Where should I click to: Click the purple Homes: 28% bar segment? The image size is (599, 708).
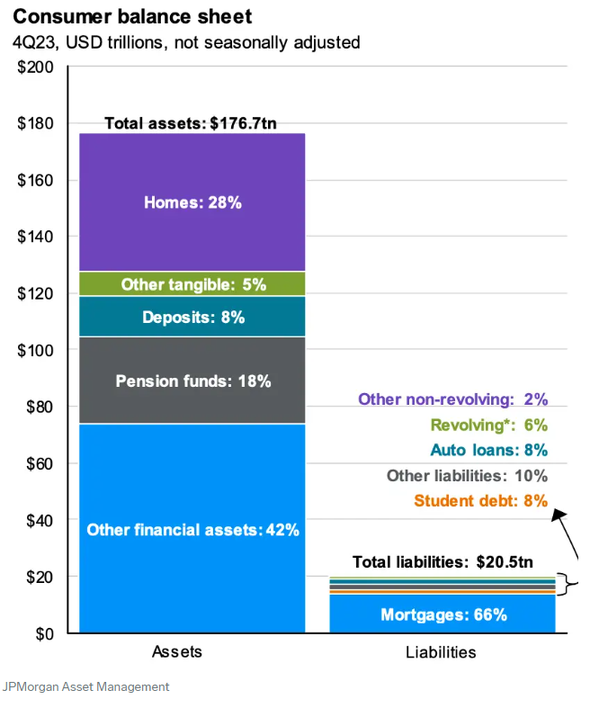pyautogui.click(x=192, y=202)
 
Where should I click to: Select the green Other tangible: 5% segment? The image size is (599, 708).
pyautogui.click(x=192, y=284)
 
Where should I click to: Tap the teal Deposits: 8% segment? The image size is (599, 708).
pyautogui.click(x=192, y=317)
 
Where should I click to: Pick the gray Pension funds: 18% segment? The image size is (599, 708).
pyautogui.click(x=192, y=381)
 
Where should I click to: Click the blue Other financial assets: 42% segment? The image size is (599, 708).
pyautogui.click(x=192, y=530)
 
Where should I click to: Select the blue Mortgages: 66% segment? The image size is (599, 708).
pyautogui.click(x=443, y=615)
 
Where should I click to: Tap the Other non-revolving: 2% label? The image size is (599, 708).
pyautogui.click(x=452, y=399)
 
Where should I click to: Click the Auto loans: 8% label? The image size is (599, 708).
pyautogui.click(x=488, y=451)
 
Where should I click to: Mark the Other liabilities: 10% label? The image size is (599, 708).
pyautogui.click(x=466, y=476)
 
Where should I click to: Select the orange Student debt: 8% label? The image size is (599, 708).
pyautogui.click(x=480, y=501)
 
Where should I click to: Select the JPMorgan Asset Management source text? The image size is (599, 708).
pyautogui.click(x=85, y=686)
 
